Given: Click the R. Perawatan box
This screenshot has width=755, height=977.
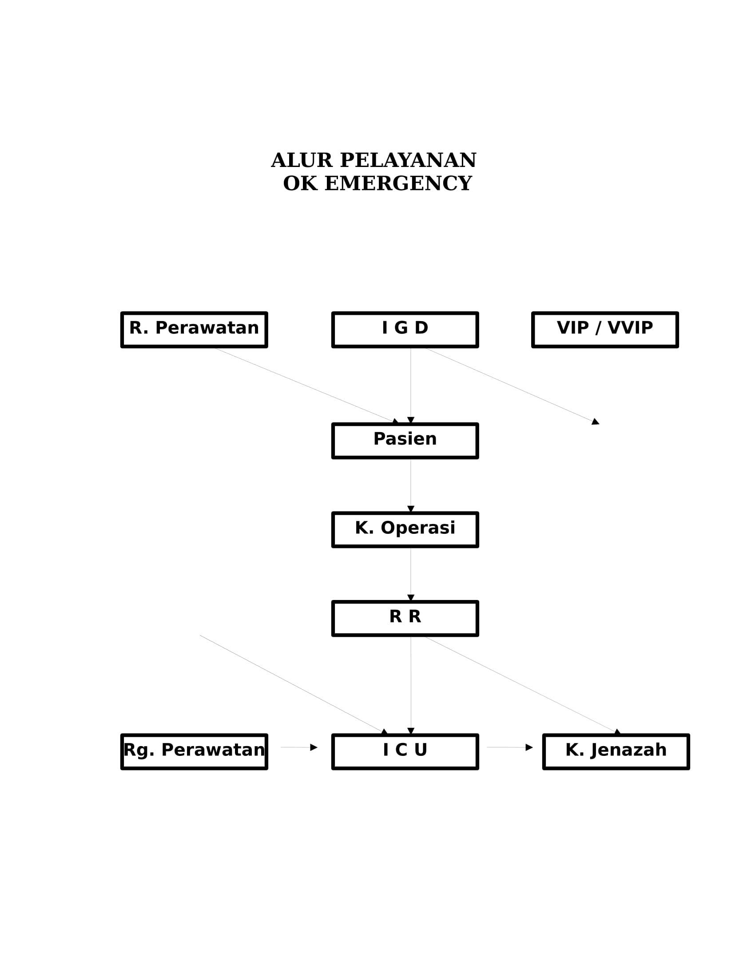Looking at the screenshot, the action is [x=194, y=330].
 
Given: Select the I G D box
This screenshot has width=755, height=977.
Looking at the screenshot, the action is [x=405, y=330].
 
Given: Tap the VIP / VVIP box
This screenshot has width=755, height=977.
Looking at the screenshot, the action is [x=605, y=330].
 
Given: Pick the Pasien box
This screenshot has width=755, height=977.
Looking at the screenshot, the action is [x=405, y=441].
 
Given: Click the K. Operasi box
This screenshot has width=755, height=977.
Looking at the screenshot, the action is [x=405, y=530].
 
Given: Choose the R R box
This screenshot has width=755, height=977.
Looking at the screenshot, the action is [x=405, y=618].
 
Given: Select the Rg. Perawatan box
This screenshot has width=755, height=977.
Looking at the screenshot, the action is [x=194, y=751].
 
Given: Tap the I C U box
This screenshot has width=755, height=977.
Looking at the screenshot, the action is [x=405, y=751].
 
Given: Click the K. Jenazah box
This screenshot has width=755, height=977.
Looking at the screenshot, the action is [x=616, y=751].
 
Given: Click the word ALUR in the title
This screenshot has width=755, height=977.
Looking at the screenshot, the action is [x=302, y=160].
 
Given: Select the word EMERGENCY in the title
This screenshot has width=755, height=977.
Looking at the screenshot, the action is [x=398, y=183].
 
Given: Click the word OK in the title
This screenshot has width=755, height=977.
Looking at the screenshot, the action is [x=300, y=183].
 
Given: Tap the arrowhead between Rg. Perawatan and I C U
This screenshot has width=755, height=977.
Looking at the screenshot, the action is [x=314, y=747].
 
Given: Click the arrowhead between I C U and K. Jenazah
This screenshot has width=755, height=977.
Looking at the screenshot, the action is [x=529, y=747].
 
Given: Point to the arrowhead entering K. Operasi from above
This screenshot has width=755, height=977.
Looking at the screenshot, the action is [x=411, y=509].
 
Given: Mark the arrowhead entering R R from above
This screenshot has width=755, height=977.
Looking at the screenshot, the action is [x=411, y=598].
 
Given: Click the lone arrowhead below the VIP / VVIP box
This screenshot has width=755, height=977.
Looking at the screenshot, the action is [x=595, y=421].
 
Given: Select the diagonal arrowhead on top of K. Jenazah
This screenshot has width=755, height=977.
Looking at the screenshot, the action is [x=617, y=732].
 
